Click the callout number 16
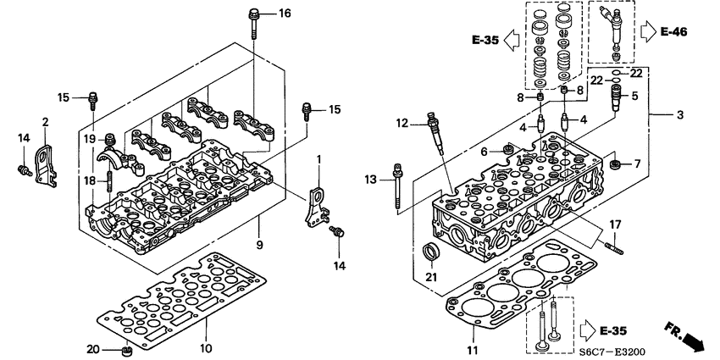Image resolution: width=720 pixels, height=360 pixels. [x=284, y=13]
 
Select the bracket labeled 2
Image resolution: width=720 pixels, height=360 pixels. [x=47, y=161]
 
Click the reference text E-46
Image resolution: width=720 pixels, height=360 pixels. [x=673, y=32]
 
